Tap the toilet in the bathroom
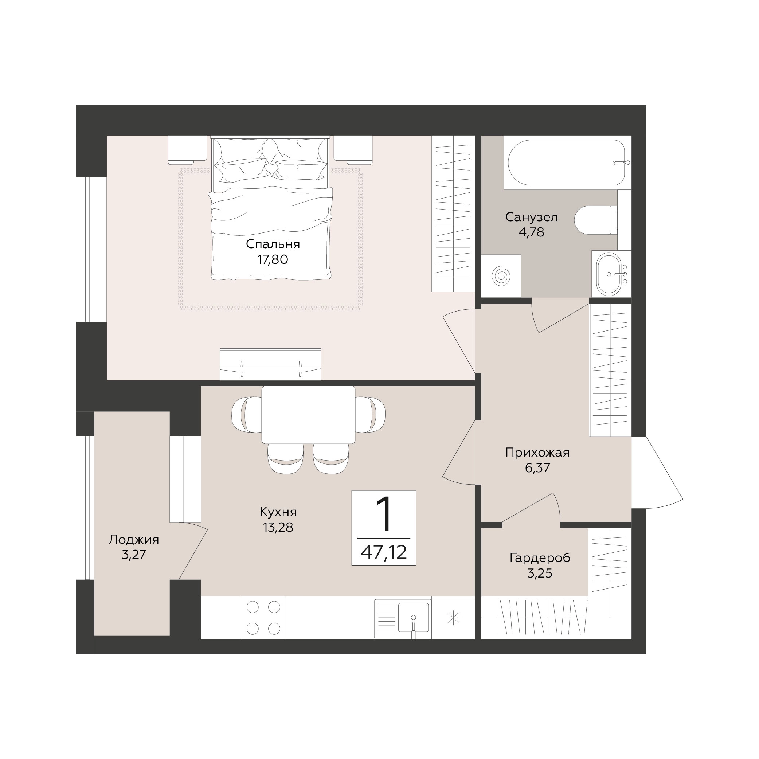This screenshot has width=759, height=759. pos(596,220)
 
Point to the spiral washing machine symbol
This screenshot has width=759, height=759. pos(501,276)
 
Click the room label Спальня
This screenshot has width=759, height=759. pos(273,244)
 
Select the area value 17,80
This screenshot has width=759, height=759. pos(273,259)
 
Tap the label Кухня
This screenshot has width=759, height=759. pos(278,512)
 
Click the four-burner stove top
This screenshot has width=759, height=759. pos(263,618)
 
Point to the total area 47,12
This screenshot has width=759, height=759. pos(384,553)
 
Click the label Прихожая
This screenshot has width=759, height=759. pos(537,453)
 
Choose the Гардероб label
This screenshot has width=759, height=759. pos(540,557)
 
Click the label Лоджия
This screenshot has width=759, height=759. pos(134,539)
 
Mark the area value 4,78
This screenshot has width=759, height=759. pos(532,232)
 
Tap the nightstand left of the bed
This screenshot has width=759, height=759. pos(187,150)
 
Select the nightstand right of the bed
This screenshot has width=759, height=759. pos(353,150)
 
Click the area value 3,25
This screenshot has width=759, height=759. pos(540,573)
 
